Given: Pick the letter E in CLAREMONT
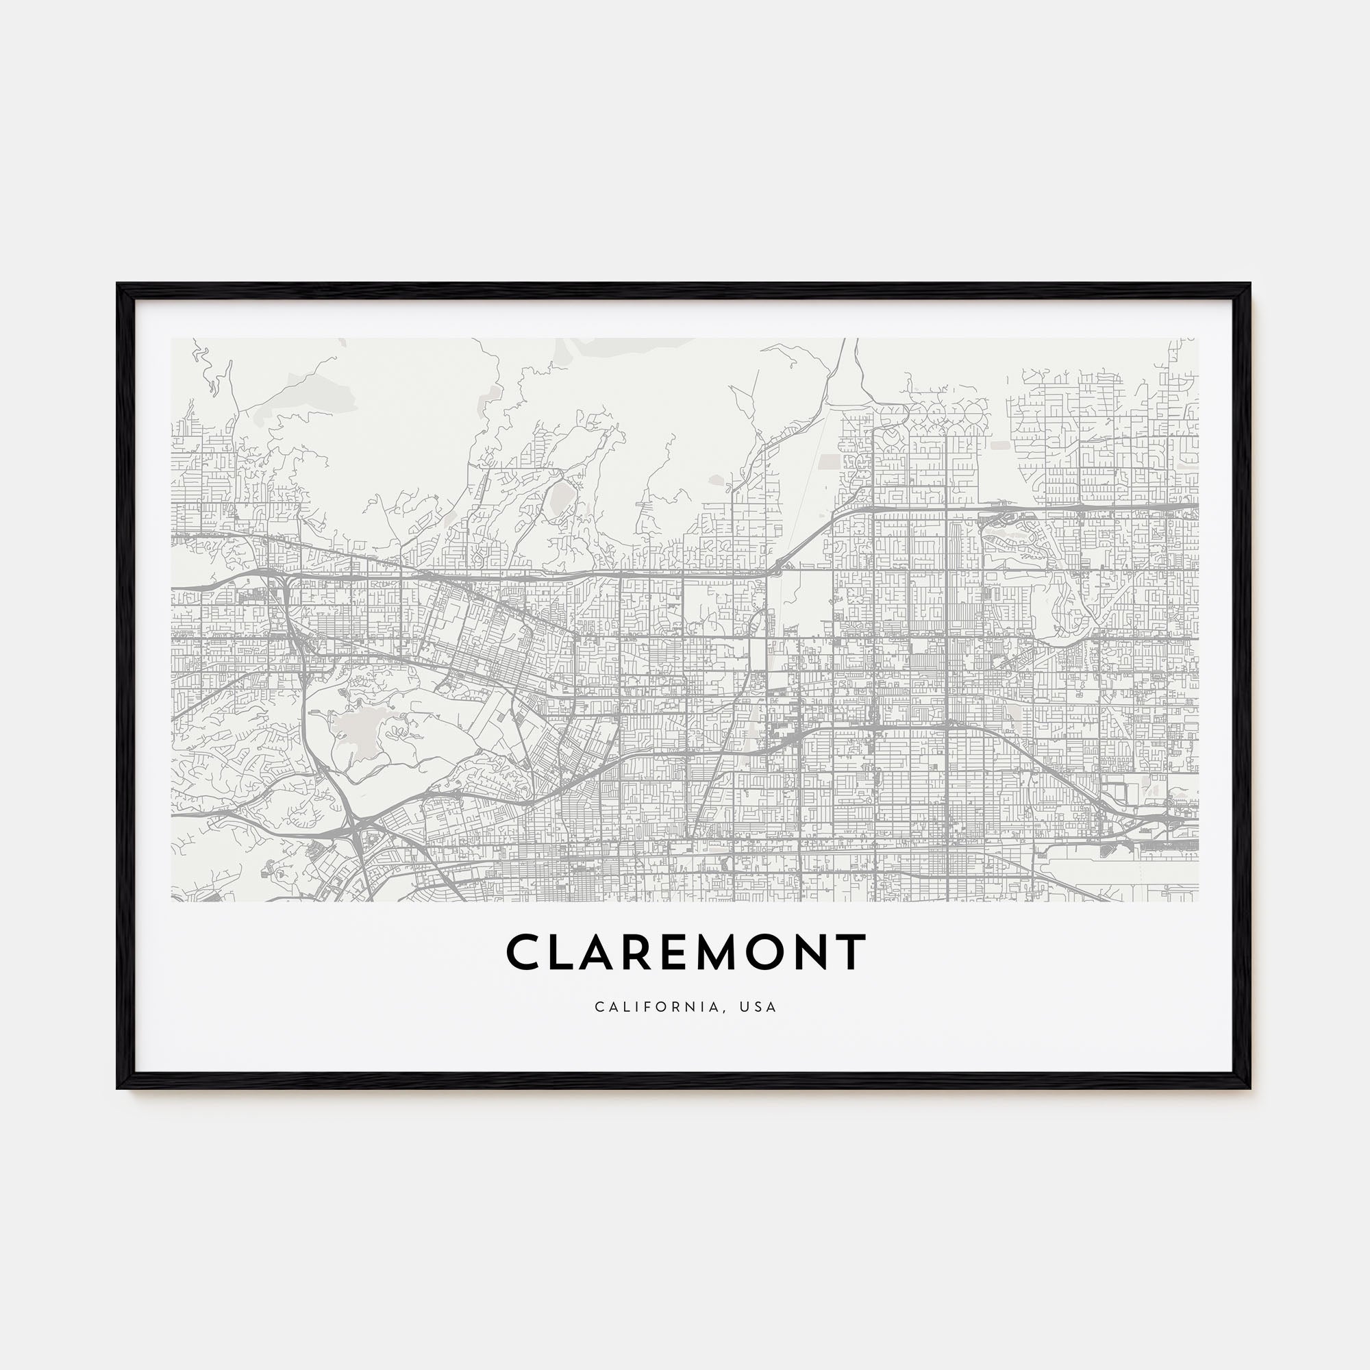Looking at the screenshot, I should (x=685, y=951).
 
